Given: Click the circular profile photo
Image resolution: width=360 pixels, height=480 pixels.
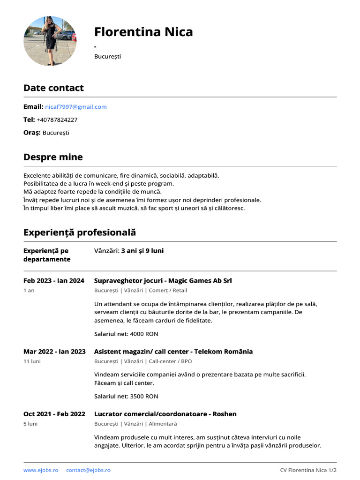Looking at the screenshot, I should point(50,41).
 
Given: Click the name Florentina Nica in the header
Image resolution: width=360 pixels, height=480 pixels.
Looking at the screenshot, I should point(143,32).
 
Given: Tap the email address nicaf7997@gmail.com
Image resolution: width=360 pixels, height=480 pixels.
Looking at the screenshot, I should point(76,107).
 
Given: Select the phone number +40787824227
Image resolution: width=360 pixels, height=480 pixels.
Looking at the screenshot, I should point(57,120).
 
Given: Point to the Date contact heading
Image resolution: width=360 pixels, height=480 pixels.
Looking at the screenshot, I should point(53,88).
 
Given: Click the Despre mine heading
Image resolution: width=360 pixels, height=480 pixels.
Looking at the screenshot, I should point(53,157).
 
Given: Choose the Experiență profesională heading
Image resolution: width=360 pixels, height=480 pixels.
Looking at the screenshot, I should point(79,232).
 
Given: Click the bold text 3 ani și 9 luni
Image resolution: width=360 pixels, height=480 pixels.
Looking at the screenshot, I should point(142,251).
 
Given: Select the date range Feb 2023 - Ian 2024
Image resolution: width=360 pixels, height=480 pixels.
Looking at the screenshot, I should point(54,281).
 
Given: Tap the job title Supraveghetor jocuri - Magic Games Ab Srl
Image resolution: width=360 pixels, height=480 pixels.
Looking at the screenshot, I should point(163,281).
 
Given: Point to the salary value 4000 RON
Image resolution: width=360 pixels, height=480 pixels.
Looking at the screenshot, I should point(144,334).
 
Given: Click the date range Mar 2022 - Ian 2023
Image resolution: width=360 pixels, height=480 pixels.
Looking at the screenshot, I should point(54,352).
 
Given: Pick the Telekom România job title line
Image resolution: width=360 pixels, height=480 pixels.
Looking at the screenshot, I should point(173,352).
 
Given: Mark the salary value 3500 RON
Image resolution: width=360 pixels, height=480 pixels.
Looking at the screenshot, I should point(144,397).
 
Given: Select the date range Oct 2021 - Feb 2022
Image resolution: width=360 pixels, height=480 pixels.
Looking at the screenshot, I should point(54,414).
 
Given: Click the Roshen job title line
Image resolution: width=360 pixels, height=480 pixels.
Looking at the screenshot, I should point(165,414).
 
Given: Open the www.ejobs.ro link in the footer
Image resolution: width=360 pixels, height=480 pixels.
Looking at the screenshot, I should point(41,470).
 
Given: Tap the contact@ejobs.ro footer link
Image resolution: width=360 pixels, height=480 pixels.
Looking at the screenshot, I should point(88,470).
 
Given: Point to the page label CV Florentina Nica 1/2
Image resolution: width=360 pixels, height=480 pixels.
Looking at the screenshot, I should point(308,470).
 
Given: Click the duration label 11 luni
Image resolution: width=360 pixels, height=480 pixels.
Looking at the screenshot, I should point(32,361).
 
